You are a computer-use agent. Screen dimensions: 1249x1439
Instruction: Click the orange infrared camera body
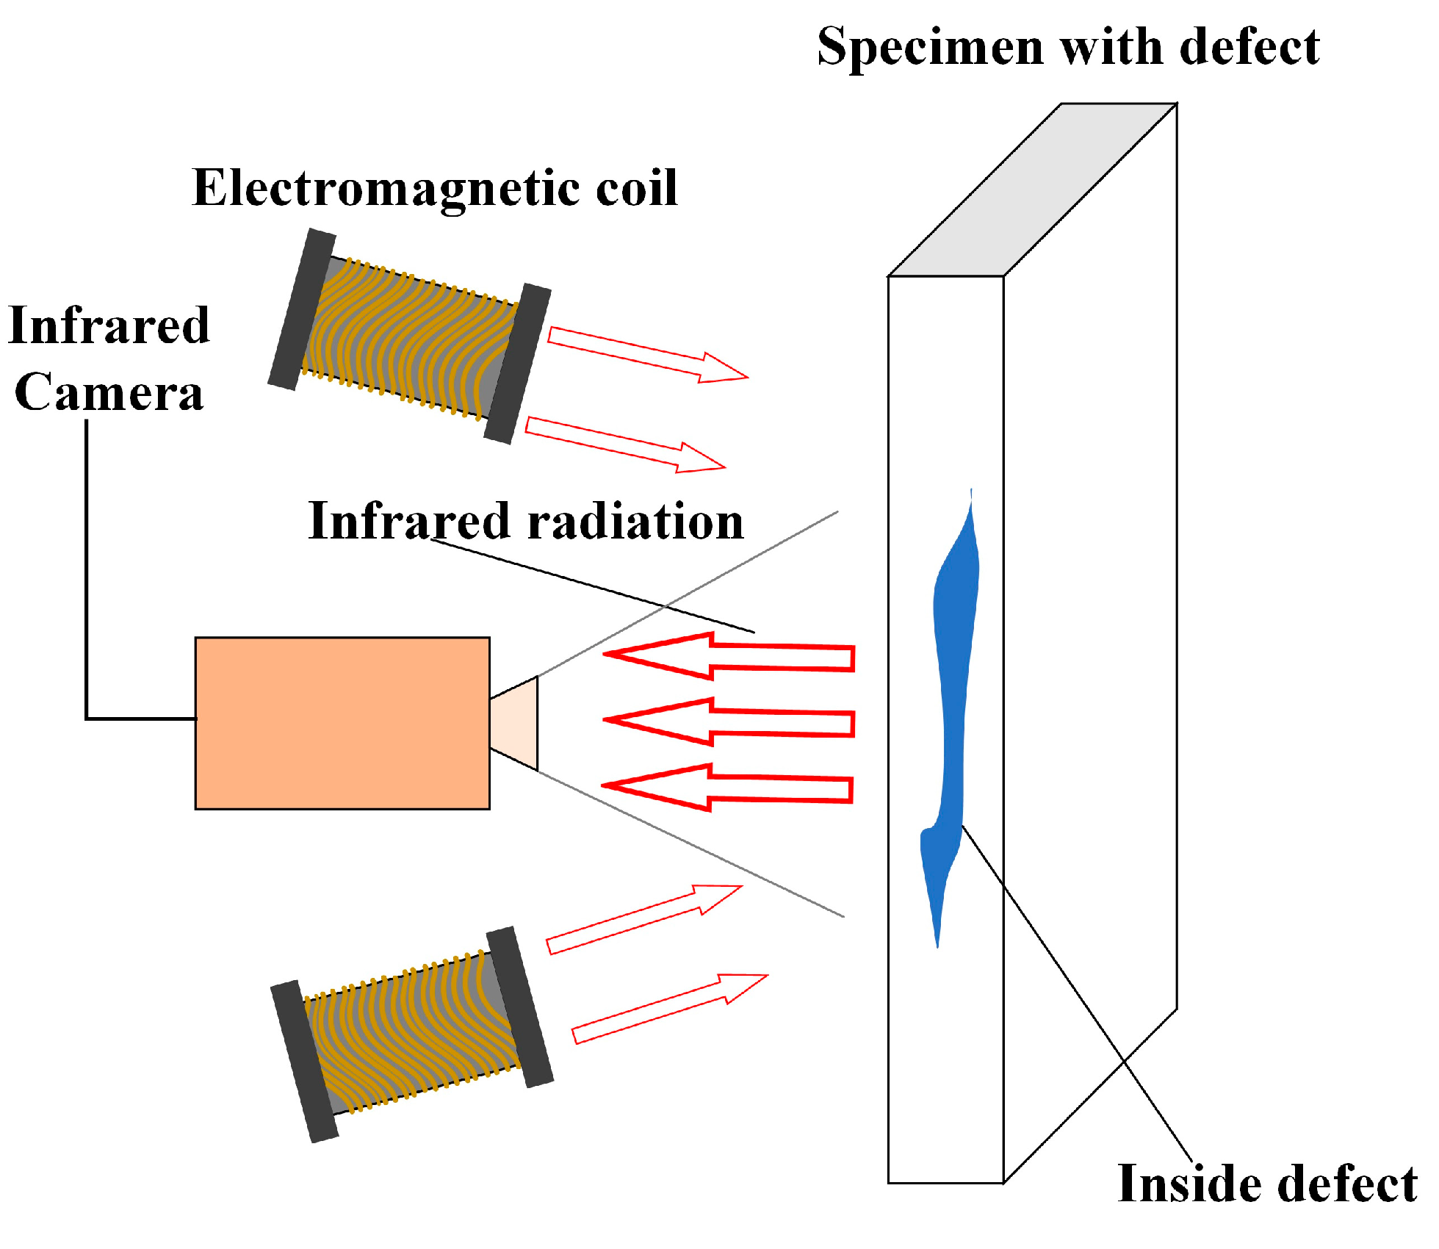(342, 723)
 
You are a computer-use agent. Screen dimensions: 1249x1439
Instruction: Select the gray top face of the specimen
(1032, 190)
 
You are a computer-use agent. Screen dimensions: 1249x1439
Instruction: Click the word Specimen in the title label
(930, 48)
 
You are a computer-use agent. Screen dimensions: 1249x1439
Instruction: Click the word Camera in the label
(109, 392)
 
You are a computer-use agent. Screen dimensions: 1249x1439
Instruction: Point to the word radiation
(635, 522)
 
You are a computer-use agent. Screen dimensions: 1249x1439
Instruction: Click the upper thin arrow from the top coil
(646, 355)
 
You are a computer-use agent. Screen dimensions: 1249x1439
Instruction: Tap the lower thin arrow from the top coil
(624, 444)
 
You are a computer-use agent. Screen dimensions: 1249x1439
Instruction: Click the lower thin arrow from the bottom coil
(668, 1009)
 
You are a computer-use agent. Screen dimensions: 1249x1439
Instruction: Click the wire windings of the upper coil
(411, 338)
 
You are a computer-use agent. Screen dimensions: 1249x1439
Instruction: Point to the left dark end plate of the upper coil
(301, 309)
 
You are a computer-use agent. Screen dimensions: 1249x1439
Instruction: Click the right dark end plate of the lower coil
(520, 1007)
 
